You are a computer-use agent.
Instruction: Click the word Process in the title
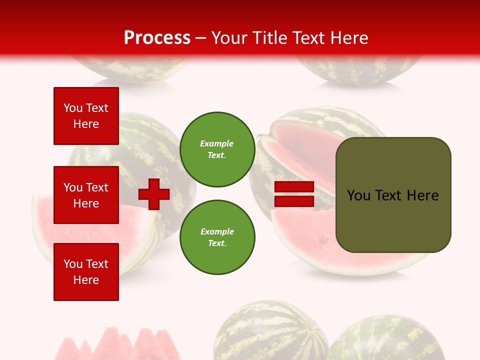pyautogui.click(x=157, y=38)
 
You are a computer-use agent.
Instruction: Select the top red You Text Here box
pyautogui.click(x=86, y=116)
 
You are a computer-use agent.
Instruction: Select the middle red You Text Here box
pyautogui.click(x=86, y=195)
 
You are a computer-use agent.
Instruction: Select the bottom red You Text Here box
pyautogui.click(x=86, y=272)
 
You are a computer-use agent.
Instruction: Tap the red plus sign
pyautogui.click(x=154, y=194)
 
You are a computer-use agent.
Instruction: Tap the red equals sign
pyautogui.click(x=294, y=194)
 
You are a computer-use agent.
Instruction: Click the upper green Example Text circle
pyautogui.click(x=217, y=149)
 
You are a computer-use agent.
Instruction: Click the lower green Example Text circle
pyautogui.click(x=217, y=237)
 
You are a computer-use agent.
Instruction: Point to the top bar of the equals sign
pyautogui.click(x=294, y=187)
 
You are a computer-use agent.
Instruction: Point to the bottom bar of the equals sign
pyautogui.click(x=294, y=201)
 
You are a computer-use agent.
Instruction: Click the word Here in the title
pyautogui.click(x=348, y=38)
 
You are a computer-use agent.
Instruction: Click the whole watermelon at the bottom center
pyautogui.click(x=270, y=330)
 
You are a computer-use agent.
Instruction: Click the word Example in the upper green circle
pyautogui.click(x=216, y=143)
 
